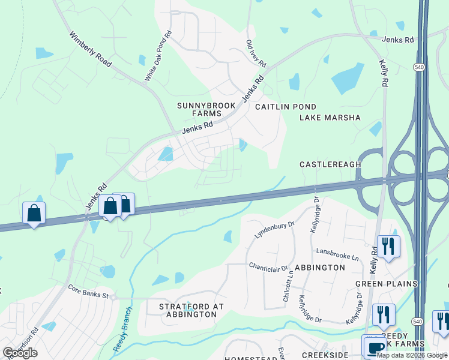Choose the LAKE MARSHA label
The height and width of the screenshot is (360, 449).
[330, 118]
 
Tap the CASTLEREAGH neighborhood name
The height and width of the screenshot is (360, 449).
[330, 164]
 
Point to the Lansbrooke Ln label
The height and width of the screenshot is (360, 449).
[335, 254]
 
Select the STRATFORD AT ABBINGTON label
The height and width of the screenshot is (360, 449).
[191, 310]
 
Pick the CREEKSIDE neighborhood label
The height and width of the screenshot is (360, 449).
[325, 355]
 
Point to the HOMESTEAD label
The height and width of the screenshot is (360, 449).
[250, 358]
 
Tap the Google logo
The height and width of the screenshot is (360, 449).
[20, 352]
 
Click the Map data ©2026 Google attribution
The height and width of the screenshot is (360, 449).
[412, 355]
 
